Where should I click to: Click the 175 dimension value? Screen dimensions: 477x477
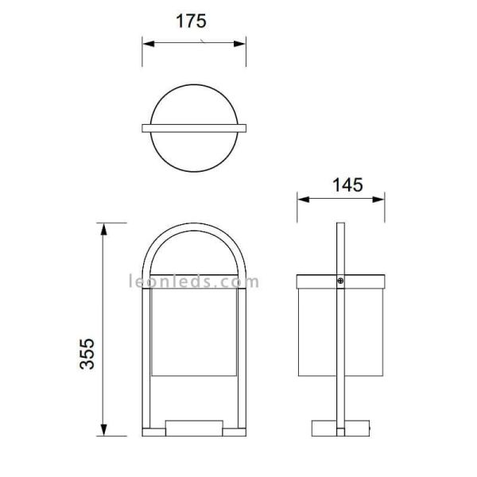pos(191,21)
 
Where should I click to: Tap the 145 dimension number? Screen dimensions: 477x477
pos(347,184)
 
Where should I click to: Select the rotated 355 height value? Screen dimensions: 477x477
pos(87,354)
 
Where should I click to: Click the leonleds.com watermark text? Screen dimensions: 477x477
pos(194,281)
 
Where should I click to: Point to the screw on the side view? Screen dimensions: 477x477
pos(340,281)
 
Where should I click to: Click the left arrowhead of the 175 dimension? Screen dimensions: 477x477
pos(148,44)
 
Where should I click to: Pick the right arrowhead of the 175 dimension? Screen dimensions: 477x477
pos(240,44)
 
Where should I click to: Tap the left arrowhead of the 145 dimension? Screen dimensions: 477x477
pos(303,200)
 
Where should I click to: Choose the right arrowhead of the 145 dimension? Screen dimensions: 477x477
pos(378,200)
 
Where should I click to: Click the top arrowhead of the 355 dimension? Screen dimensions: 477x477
pos(103,229)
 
